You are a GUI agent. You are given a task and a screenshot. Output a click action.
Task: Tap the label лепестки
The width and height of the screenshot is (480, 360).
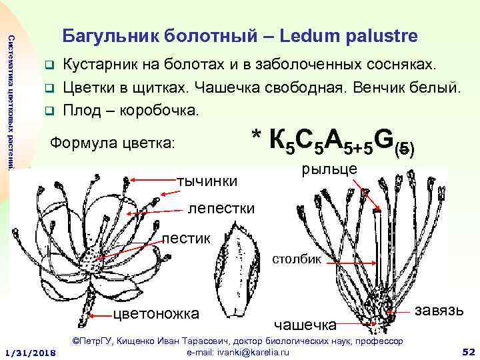(221, 208)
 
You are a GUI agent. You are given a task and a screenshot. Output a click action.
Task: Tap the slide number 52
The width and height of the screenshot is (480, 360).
(467, 351)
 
